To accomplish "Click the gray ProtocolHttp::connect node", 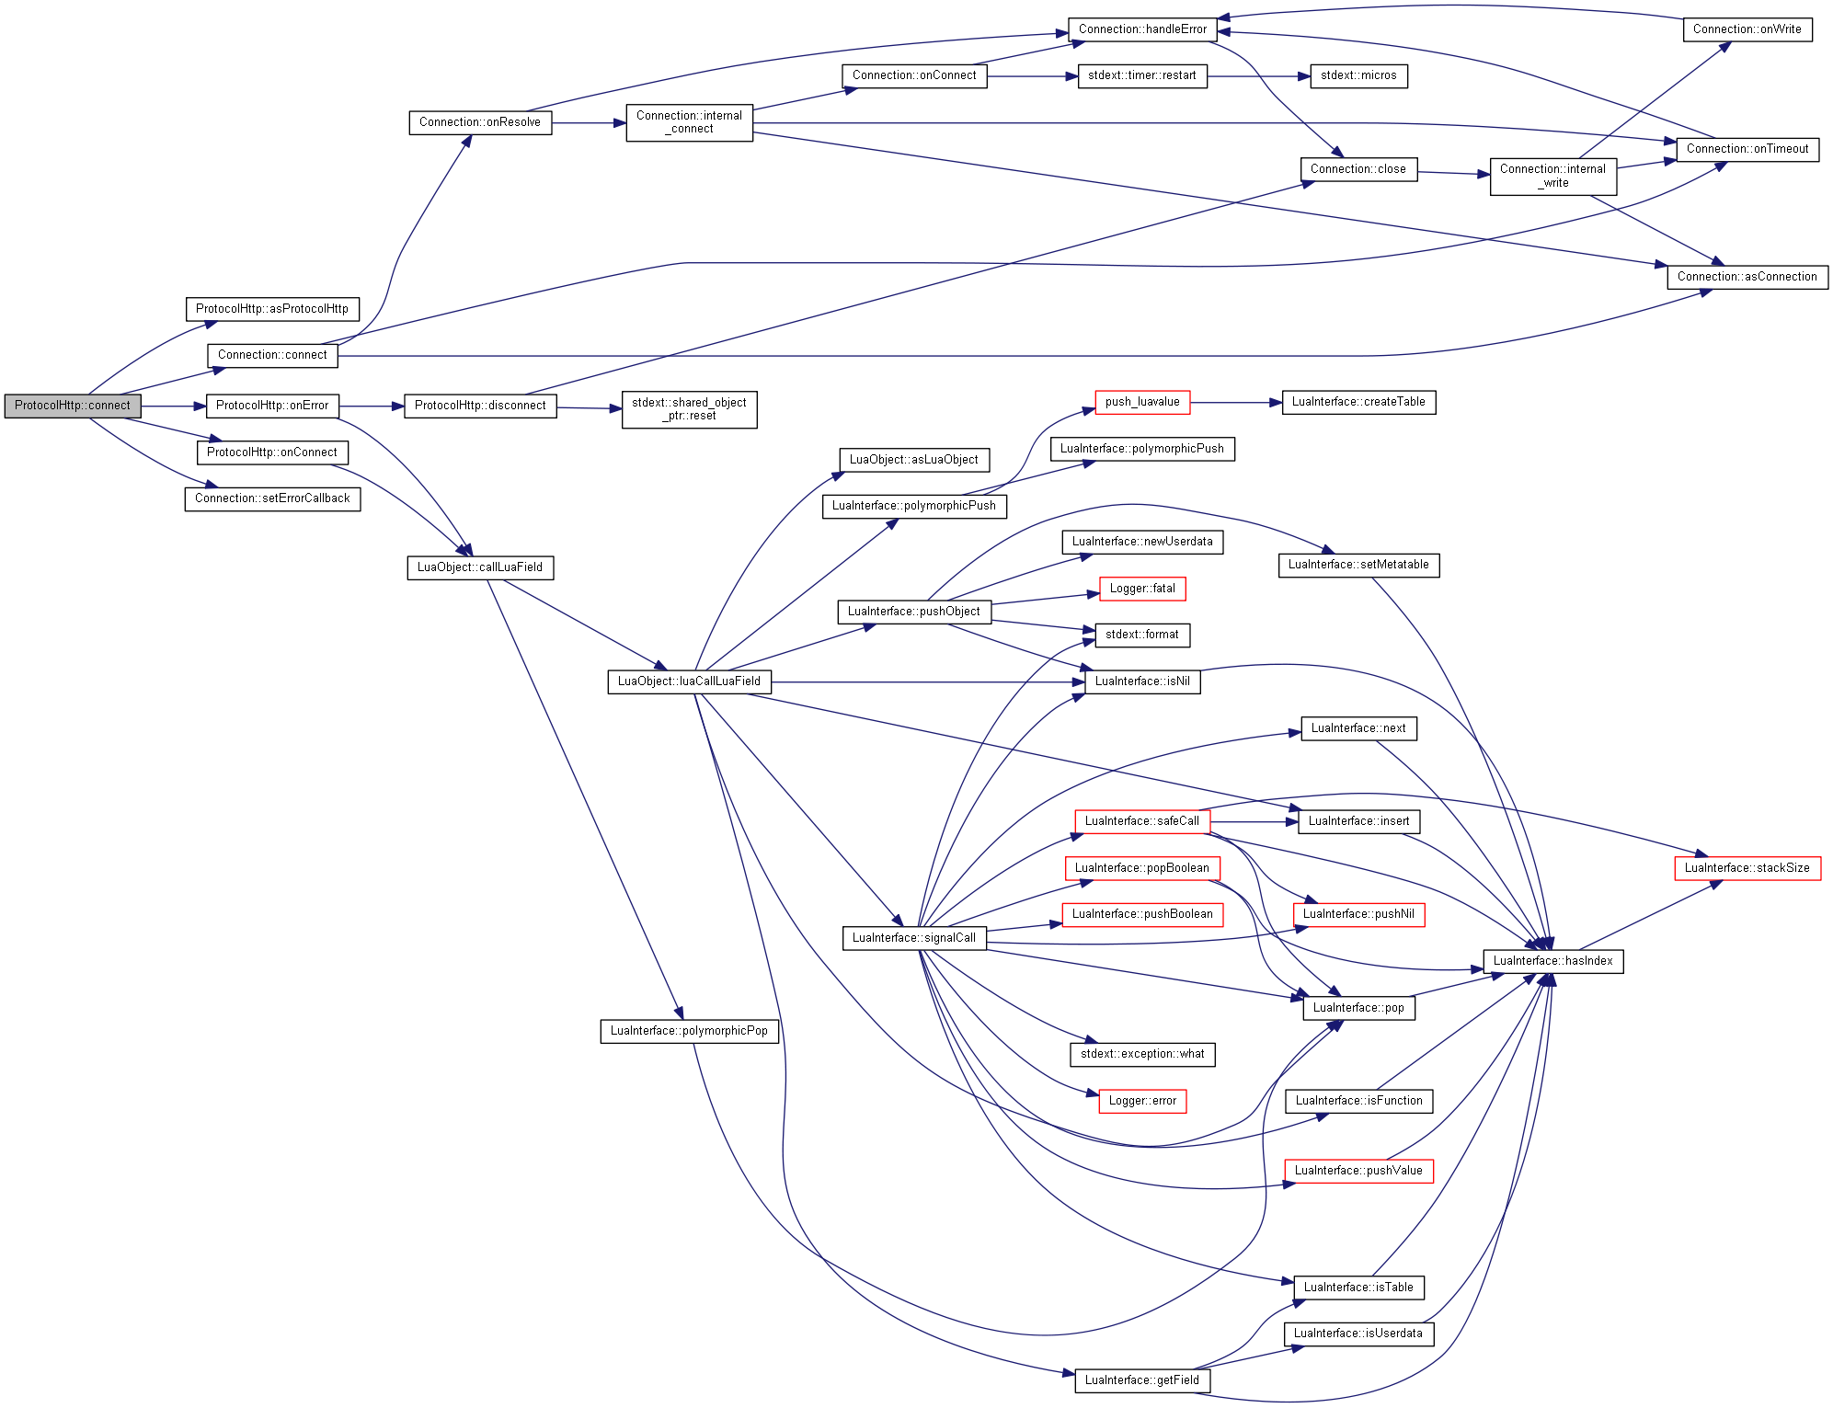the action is [73, 406].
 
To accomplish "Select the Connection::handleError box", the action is [1142, 29].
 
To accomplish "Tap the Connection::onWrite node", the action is [1747, 29].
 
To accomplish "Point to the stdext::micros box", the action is [1358, 76].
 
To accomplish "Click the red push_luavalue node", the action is [1142, 402].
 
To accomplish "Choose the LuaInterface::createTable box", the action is [1358, 402].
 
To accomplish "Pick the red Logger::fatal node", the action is [1142, 589].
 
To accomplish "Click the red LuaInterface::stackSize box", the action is [1747, 868].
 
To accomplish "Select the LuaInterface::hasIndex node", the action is [1553, 961].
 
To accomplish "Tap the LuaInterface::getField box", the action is [1142, 1380].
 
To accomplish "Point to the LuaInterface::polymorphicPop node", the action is [689, 1031].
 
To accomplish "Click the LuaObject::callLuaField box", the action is [480, 567].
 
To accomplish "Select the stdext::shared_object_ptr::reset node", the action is [689, 409].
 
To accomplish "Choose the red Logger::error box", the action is [1142, 1101].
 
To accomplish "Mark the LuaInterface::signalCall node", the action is [914, 938].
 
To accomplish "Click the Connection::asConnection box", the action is [1747, 277].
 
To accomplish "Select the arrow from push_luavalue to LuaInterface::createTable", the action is [1236, 403].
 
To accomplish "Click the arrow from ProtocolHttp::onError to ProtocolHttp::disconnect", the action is [372, 406].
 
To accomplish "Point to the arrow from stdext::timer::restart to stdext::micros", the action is [1259, 76].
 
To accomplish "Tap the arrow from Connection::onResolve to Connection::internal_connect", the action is [589, 123].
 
